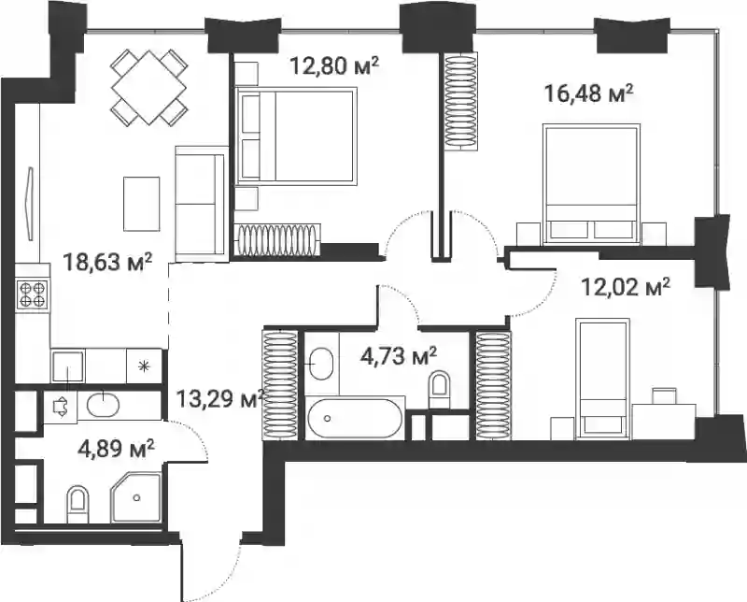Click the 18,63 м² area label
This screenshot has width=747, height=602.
click(x=107, y=262)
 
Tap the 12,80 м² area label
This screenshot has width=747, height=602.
click(x=334, y=65)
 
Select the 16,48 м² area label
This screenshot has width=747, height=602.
click(x=588, y=93)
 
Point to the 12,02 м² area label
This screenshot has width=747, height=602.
click(x=626, y=287)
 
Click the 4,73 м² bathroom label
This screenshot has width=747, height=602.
click(x=399, y=356)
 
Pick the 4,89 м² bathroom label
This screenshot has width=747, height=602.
click(x=116, y=449)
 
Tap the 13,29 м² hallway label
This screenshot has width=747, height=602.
click(x=220, y=398)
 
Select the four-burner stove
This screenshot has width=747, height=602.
click(x=32, y=294)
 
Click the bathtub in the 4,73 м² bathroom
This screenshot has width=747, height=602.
click(x=355, y=419)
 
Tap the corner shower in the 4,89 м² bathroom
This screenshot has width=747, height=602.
click(x=135, y=497)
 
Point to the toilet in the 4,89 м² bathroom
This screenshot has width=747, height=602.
click(x=78, y=504)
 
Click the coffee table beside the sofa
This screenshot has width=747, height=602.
click(x=142, y=204)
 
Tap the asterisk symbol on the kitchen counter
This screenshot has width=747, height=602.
click(x=143, y=366)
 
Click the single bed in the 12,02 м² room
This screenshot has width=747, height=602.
click(x=602, y=379)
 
